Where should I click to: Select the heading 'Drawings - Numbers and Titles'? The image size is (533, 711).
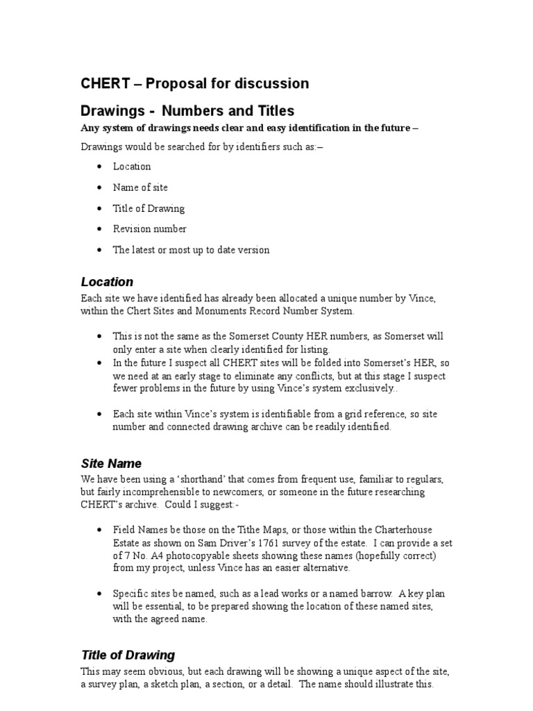(x=187, y=110)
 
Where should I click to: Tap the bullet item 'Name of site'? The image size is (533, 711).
(x=140, y=187)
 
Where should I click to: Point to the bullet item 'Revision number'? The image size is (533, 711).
(x=149, y=229)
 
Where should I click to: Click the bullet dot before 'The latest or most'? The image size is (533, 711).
(x=101, y=250)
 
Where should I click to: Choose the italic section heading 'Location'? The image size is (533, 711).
(x=107, y=282)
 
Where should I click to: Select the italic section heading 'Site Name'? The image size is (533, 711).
(x=111, y=463)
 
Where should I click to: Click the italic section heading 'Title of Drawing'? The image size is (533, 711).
(x=128, y=655)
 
